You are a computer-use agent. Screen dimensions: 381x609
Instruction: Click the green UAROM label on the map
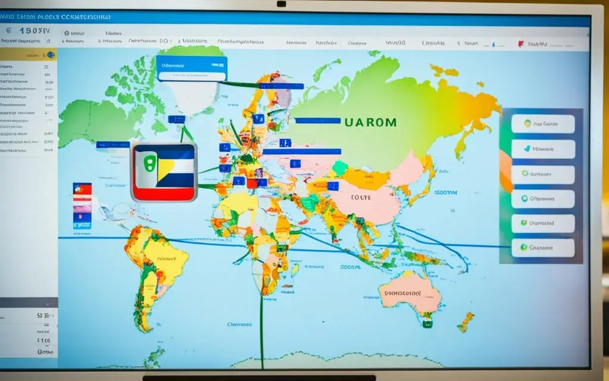pos(370,122)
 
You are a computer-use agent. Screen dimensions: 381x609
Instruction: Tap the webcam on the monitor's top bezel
pos(281,4)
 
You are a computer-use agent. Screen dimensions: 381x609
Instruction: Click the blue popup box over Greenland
pos(192,68)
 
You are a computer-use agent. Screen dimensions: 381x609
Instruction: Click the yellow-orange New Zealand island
pos(465,321)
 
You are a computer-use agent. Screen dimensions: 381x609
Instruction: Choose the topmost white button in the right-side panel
pos(543,124)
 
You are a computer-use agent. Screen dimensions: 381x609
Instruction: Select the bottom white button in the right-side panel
pos(543,248)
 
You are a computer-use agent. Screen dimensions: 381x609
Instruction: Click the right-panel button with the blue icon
pos(543,149)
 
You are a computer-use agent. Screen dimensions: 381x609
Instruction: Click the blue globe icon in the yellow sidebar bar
pos(51,55)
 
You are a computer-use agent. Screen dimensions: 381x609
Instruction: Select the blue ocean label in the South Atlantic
pos(240,325)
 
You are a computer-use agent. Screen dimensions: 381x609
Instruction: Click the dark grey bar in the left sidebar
pos(29,302)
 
